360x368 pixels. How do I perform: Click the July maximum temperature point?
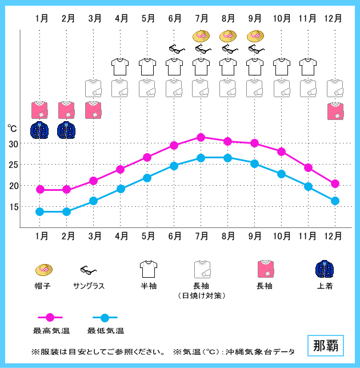201,137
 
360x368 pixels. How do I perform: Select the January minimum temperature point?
40,211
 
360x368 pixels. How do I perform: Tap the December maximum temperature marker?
335,183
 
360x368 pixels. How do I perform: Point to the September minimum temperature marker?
254,163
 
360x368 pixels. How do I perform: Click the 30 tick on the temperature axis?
13,143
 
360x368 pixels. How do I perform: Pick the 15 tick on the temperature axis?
13,206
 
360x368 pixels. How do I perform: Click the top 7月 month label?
201,18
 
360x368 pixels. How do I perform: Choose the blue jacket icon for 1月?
40,130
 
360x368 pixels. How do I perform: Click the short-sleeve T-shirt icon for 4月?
121,66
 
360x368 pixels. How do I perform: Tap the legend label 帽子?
43,285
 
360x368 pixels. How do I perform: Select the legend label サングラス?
89,285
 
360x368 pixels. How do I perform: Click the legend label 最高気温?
51,330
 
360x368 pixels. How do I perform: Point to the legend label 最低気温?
105,330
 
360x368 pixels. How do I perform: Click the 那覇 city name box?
325,346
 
